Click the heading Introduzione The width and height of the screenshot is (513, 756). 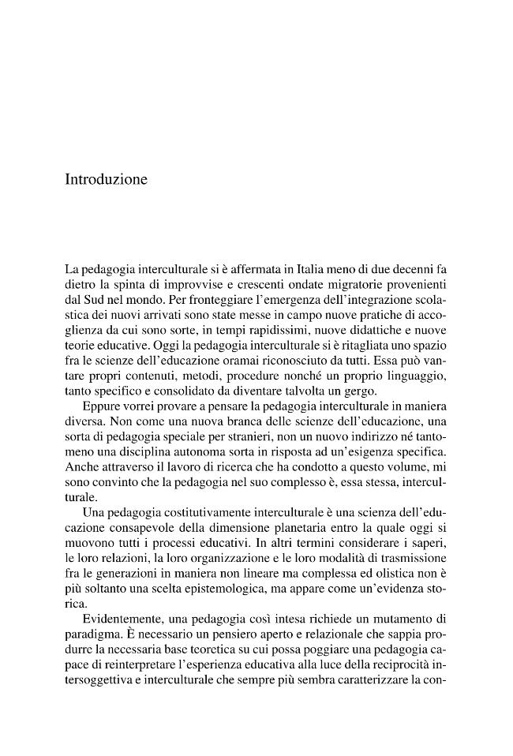tap(106, 180)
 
